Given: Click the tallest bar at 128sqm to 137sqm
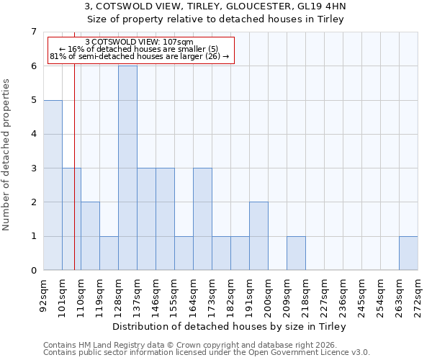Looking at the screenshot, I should point(127,168).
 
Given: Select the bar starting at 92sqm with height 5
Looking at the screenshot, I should point(53,185).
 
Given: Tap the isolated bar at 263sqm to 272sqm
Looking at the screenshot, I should point(408,253).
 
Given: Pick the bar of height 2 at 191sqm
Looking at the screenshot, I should point(258,236).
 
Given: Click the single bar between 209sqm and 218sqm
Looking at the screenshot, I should point(296,253).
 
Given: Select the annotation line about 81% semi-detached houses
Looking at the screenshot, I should point(139,56).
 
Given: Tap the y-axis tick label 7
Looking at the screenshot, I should point(33,32).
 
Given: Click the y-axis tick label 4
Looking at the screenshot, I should point(33,134).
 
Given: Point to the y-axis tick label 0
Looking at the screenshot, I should point(33,271).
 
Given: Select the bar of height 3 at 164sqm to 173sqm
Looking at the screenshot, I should point(202,219).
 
